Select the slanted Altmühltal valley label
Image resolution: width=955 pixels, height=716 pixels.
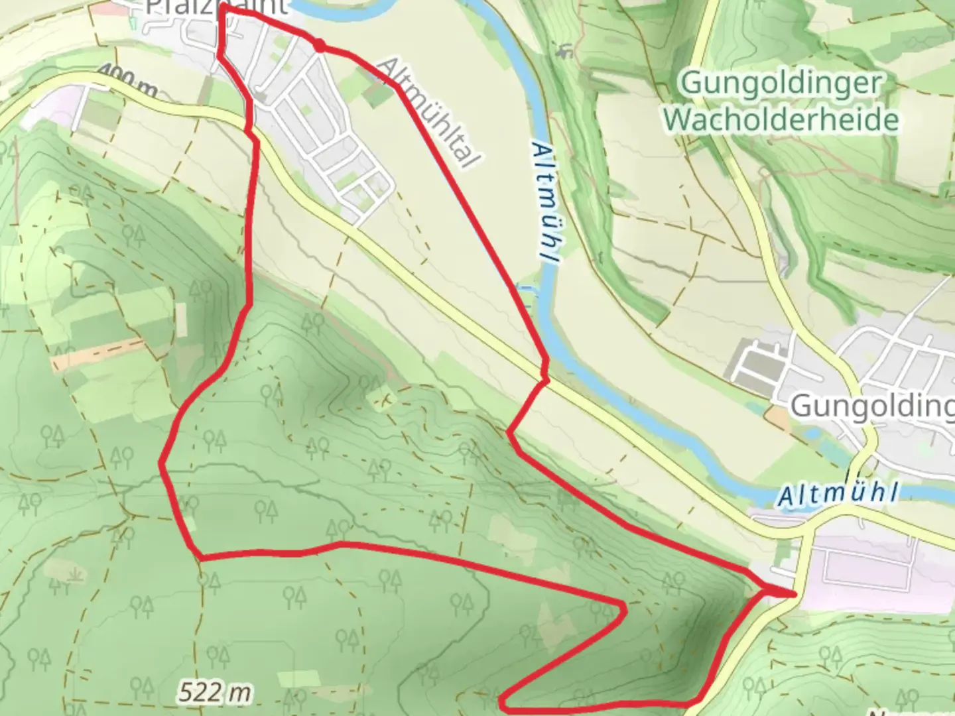[428, 112]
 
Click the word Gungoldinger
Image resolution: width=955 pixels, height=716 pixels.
[781, 84]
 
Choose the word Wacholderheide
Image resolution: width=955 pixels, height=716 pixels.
[781, 120]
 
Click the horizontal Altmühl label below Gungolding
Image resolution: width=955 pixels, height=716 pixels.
[839, 494]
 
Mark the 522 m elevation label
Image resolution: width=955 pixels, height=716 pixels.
[215, 693]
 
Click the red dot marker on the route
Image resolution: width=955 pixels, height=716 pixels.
[320, 45]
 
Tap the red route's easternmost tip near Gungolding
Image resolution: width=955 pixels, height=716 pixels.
[793, 593]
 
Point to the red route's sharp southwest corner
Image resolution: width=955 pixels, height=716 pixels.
[200, 557]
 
